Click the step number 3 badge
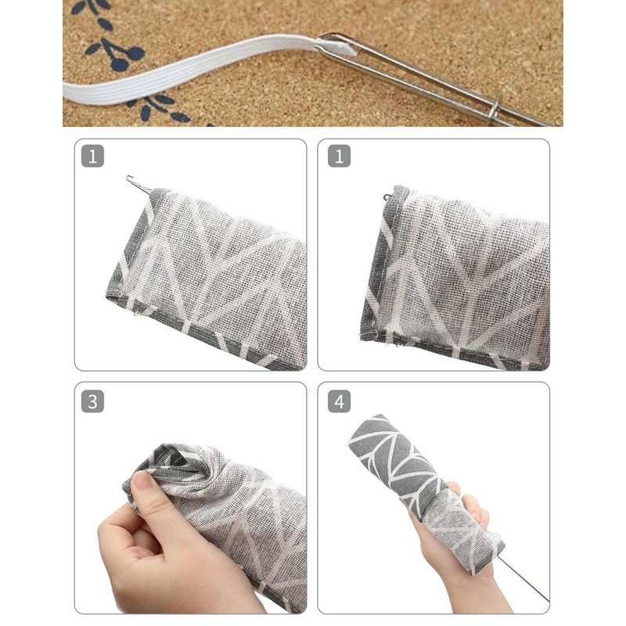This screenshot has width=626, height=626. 92,402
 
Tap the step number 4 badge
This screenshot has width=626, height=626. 339,402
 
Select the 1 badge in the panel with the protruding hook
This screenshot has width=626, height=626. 92,156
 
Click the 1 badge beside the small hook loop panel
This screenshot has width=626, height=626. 339,156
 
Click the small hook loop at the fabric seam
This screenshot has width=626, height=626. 388,197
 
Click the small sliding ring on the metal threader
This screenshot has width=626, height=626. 494,110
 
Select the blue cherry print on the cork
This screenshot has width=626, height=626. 125,55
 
